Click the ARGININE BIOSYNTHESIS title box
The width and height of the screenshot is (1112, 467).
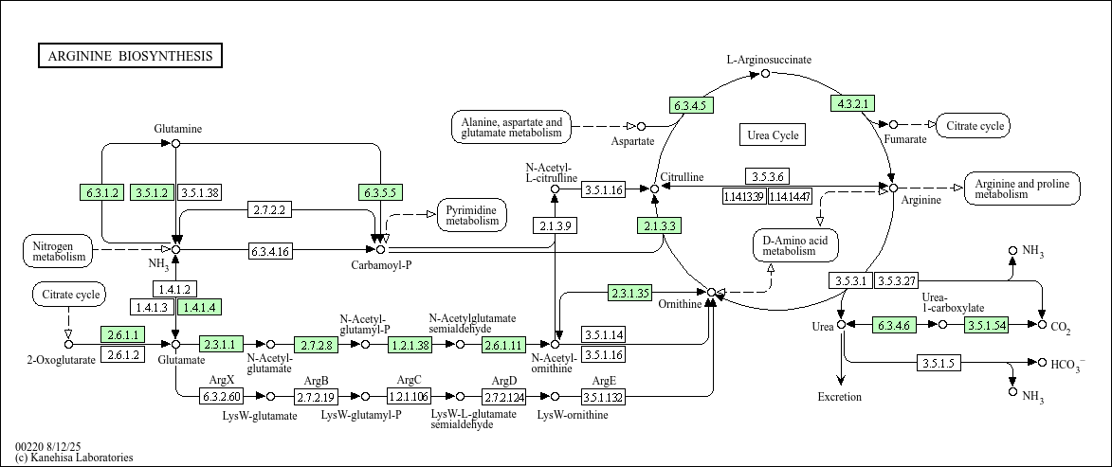(x=130, y=56)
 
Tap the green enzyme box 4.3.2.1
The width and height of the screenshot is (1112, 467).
(x=851, y=103)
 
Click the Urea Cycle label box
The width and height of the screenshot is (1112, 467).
(x=773, y=135)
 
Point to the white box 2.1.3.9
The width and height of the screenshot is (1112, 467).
(x=554, y=226)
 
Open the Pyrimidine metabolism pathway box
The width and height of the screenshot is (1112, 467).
(x=472, y=215)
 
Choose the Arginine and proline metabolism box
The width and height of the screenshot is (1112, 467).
(x=1022, y=189)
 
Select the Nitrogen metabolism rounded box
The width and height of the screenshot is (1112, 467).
(x=59, y=250)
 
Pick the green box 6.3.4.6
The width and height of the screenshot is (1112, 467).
(x=893, y=325)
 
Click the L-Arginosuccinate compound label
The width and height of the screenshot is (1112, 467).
(x=769, y=60)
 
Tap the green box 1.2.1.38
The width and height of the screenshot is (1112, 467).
(x=410, y=345)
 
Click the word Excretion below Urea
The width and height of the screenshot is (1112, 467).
(x=840, y=397)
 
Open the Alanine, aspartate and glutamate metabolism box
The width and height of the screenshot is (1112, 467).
(x=511, y=128)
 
